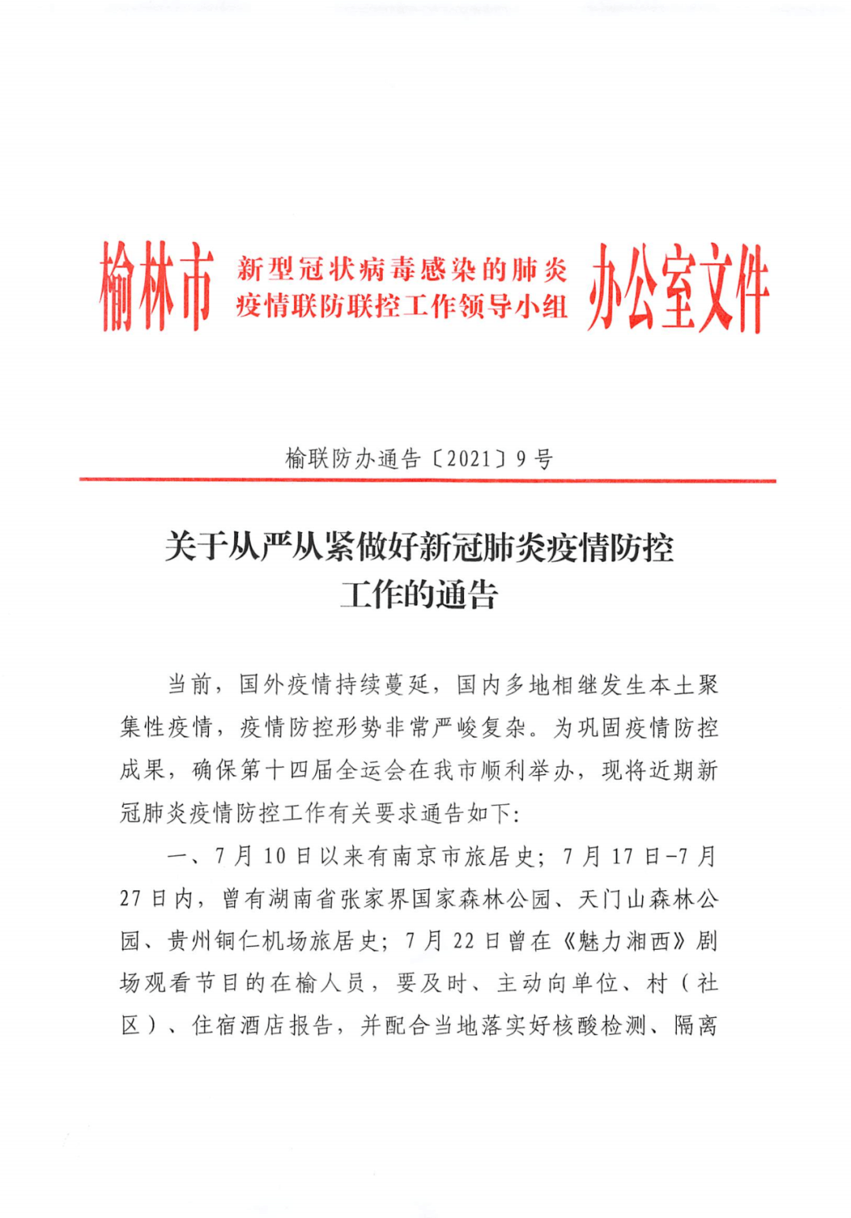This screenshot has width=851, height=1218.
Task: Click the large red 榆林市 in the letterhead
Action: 155,286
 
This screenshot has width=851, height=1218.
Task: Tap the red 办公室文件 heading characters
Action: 678,287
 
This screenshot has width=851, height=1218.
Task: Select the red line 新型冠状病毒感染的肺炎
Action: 402,270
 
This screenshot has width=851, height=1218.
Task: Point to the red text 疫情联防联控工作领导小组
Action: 402,306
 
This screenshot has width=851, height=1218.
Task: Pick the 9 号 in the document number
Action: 534,458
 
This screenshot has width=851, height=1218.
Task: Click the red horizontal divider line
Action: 427,479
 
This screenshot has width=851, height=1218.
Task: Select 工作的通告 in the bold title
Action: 419,594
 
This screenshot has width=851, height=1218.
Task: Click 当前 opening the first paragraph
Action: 189,684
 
